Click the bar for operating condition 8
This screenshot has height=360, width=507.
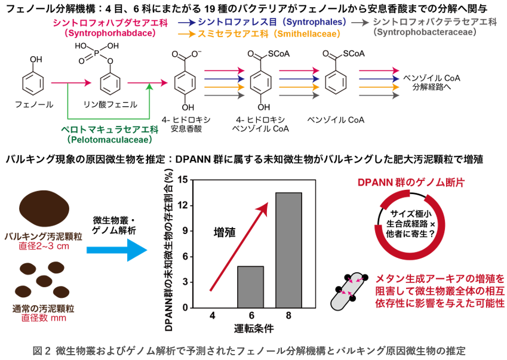pos(288,250)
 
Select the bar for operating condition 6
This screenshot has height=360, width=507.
pos(250,286)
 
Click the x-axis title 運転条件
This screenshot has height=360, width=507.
pos(251,329)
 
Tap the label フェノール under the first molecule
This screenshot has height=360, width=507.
pos(34,104)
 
